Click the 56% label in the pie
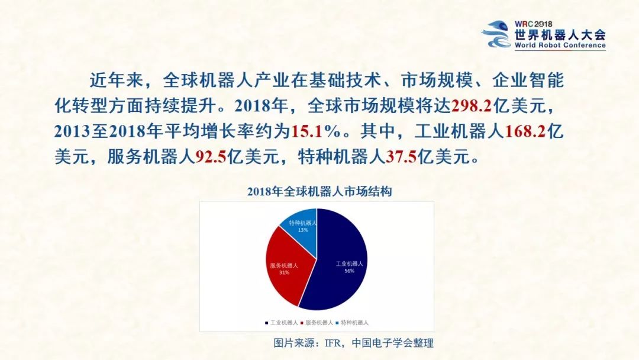(x=349, y=271)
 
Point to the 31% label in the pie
(x=284, y=273)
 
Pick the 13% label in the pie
(x=303, y=230)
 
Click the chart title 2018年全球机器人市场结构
(x=319, y=192)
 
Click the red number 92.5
(x=211, y=156)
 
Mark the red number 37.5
(x=402, y=156)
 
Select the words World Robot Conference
(x=560, y=45)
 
